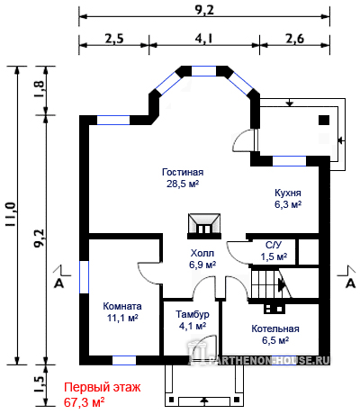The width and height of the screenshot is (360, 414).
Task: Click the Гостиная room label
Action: coord(183,172)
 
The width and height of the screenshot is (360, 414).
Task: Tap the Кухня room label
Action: coord(288,193)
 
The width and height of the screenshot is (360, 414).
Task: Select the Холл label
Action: coord(202,253)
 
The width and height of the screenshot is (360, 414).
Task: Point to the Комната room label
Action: coord(122,306)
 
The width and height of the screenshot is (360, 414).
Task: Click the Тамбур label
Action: coord(193,314)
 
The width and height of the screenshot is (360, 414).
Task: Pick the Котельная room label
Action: coord(275,328)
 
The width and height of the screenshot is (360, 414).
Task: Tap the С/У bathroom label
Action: coord(274,246)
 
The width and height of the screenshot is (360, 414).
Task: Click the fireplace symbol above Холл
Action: coord(204,227)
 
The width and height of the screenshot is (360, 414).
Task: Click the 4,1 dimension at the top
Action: coord(204,39)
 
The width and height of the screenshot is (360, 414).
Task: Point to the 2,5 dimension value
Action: coord(114,39)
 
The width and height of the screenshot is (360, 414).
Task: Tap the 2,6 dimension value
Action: coord(294,39)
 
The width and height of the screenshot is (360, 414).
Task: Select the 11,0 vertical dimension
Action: coord(11,214)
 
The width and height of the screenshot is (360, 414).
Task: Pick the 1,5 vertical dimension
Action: coord(40,384)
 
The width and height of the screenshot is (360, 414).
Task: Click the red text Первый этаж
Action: coord(103,387)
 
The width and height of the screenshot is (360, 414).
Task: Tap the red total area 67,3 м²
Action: coord(85,402)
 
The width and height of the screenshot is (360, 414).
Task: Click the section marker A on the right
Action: coord(350,283)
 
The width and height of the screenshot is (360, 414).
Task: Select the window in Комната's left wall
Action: coord(84,277)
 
